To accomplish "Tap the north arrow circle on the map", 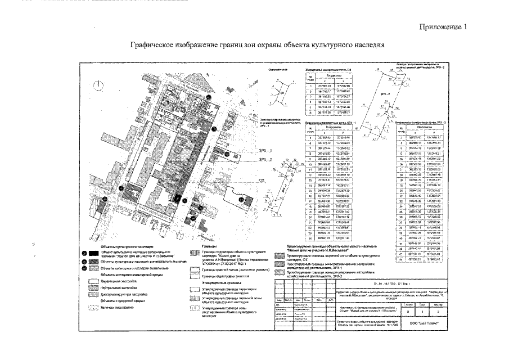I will pos(99,85).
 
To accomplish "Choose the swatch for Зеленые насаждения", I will pos(92,308).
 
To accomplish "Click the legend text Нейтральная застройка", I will pos(119,287).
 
